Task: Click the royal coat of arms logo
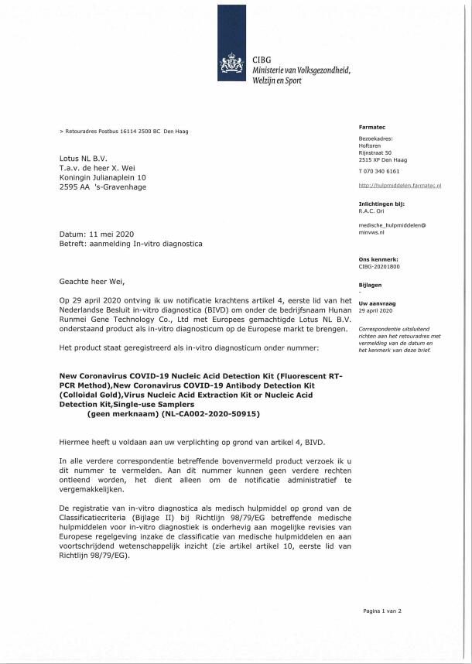click(233, 61)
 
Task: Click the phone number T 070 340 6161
click(379, 170)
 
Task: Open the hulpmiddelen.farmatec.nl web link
click(400, 187)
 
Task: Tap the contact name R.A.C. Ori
click(373, 210)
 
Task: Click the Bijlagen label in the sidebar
click(371, 284)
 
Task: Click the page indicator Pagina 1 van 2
click(382, 611)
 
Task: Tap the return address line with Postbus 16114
click(124, 132)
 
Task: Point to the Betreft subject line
click(131, 245)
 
